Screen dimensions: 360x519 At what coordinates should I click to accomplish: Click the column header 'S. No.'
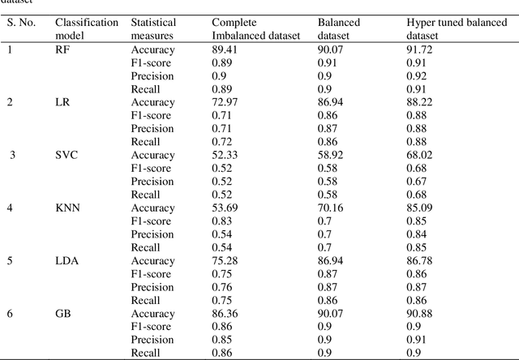point(24,23)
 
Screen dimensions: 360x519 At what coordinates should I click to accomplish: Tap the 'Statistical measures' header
point(152,30)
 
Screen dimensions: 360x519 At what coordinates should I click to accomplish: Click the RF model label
point(62,49)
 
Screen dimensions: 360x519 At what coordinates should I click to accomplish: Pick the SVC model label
point(66,155)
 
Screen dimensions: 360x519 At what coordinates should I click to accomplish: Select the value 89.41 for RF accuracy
point(225,49)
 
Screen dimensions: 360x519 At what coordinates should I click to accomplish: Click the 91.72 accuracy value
point(421,49)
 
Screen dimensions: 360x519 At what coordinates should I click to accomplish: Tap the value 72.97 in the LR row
point(225,102)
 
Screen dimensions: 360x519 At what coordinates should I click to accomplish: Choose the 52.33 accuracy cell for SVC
point(225,155)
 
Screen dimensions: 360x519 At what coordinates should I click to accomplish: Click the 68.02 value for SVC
point(421,155)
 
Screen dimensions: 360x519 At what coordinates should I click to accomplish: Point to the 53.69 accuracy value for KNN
point(225,208)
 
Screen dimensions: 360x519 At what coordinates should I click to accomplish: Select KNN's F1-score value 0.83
point(221,221)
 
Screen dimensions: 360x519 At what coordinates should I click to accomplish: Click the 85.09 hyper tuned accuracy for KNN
point(421,208)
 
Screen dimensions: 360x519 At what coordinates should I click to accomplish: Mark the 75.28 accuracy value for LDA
point(225,261)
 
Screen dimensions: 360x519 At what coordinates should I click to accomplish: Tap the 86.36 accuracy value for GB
point(225,314)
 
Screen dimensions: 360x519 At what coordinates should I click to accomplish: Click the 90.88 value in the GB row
point(421,314)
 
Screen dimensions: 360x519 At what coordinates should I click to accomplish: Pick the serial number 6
point(11,314)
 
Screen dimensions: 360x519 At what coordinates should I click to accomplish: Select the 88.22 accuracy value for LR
point(421,102)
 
